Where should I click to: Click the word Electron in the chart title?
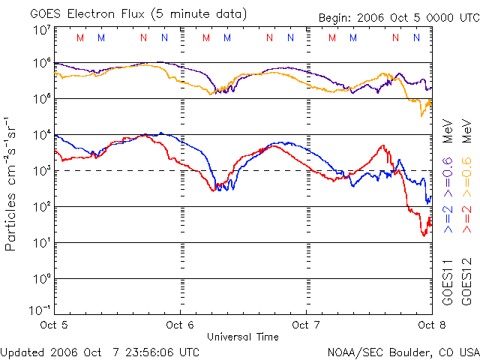[95, 14]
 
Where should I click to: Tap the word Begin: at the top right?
[337, 18]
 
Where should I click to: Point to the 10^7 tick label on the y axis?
[41, 30]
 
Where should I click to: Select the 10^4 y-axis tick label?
[41, 134]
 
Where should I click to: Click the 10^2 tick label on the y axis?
[41, 206]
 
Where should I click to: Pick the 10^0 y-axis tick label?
[41, 278]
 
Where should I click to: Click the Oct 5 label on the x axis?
[55, 325]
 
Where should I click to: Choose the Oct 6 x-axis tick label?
[180, 325]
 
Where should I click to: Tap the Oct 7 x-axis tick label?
[306, 325]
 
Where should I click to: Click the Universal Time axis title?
[243, 337]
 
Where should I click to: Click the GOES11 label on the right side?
[448, 282]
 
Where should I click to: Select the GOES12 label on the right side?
[466, 282]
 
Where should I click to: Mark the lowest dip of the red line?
[424, 235]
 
